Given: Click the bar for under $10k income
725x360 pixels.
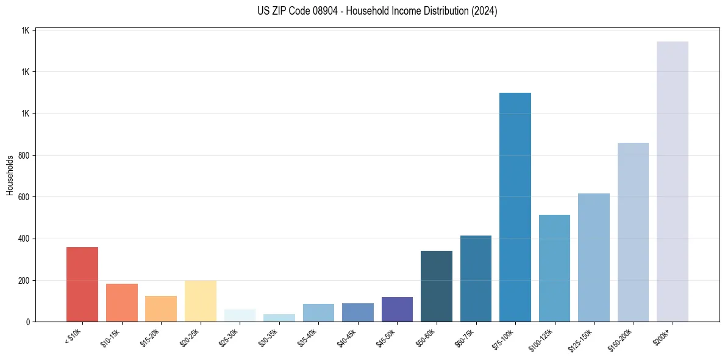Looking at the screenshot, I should (x=82, y=284).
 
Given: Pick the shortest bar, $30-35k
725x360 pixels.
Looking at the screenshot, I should (x=279, y=318).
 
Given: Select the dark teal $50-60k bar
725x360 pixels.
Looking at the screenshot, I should (x=437, y=286).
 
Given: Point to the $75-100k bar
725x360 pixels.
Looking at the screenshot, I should (x=515, y=207).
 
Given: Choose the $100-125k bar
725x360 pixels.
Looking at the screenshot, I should (x=554, y=268).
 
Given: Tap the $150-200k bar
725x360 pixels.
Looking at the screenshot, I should (x=633, y=232).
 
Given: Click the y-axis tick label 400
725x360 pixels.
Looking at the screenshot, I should (x=24, y=239).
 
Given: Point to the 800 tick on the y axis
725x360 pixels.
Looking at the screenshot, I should (x=24, y=156).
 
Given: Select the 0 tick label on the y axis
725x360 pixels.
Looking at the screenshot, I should (x=28, y=322).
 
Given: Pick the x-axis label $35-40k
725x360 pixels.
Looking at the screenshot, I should (x=307, y=336).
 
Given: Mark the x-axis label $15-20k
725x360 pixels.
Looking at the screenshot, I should (x=150, y=336).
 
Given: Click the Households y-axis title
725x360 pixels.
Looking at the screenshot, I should (x=10, y=175).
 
